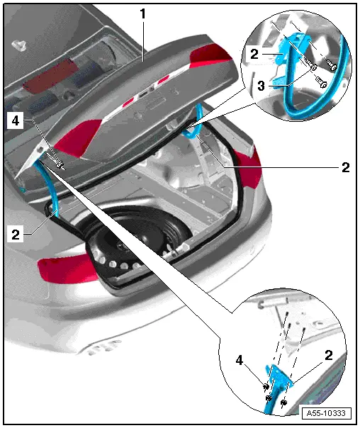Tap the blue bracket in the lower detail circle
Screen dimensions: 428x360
279,380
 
